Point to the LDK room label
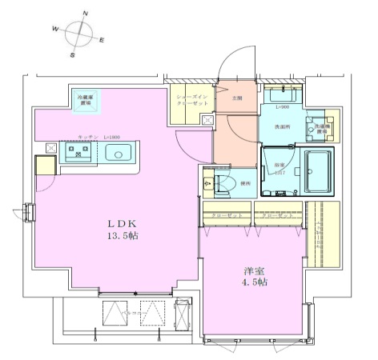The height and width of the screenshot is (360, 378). pos(111,225)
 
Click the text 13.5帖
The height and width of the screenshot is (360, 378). pos(111,238)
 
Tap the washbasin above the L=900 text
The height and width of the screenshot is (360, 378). pos(282,94)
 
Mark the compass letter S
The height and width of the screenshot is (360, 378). pos(71,56)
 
